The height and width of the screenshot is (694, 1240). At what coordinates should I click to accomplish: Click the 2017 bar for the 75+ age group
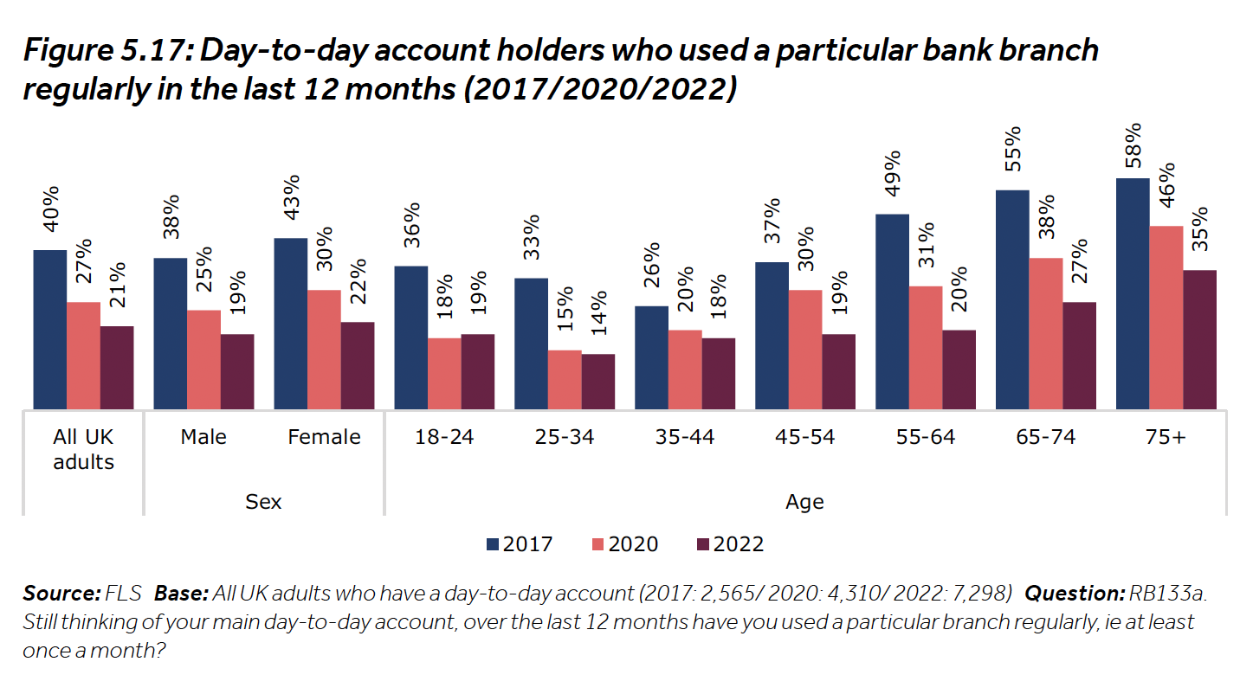coord(1133,293)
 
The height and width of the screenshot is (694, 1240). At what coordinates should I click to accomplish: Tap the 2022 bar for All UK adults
coord(117,367)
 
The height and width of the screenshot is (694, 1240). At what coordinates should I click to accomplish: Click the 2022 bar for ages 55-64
coord(959,369)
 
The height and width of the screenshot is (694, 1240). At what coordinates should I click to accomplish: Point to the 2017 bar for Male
coord(170,333)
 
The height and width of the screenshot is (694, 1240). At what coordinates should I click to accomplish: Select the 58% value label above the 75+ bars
coord(1133,145)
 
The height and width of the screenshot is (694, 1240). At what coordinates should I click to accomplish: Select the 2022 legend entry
coord(730,544)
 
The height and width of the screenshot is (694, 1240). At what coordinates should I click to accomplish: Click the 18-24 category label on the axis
coord(444,437)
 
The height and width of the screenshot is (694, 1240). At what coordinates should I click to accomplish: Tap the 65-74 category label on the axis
coord(1046,437)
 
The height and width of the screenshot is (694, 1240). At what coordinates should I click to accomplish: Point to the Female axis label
coord(324,437)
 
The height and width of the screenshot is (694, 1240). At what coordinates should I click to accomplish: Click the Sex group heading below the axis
coord(263,502)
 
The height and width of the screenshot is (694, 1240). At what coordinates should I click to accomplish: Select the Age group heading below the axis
coord(804,502)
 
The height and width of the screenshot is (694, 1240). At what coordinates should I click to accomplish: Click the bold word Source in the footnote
coord(61,594)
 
